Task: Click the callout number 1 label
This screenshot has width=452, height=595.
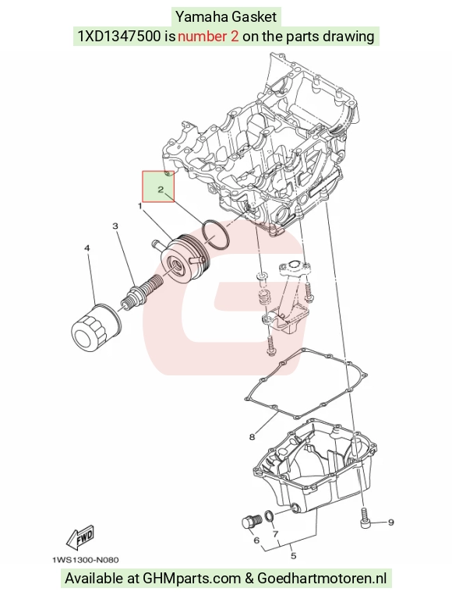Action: coord(140,206)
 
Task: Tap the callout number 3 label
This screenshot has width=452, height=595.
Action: coord(115,226)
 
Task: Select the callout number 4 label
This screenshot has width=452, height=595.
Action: coord(87,248)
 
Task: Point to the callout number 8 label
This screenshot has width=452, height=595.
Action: coord(252,437)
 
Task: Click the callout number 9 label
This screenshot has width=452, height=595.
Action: coord(391,522)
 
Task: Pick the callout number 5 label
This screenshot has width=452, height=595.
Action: coord(293,556)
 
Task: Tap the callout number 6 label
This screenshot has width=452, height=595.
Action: coord(256,540)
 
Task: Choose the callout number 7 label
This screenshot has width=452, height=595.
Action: coord(276,534)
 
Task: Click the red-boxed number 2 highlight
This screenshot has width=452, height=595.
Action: coord(158,186)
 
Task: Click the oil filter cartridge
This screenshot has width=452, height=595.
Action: coord(96,326)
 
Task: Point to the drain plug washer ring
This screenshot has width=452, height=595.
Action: coord(269,516)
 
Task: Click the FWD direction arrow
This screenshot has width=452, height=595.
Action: coord(79,537)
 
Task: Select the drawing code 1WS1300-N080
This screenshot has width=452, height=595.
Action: coord(86,560)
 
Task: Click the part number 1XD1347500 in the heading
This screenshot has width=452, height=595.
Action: coord(119,36)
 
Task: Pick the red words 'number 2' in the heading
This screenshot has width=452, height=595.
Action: coord(208,36)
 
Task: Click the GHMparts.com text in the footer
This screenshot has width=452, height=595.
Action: coord(192,579)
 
